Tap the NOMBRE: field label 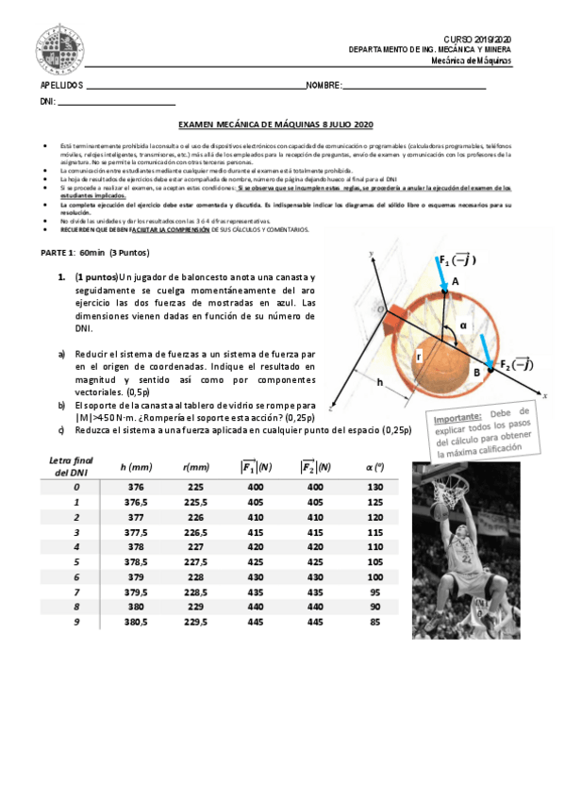pyautogui.click(x=323, y=85)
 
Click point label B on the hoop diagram pyautogui.click(x=476, y=372)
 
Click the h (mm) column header pyautogui.click(x=137, y=466)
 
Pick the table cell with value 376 pyautogui.click(x=137, y=486)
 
